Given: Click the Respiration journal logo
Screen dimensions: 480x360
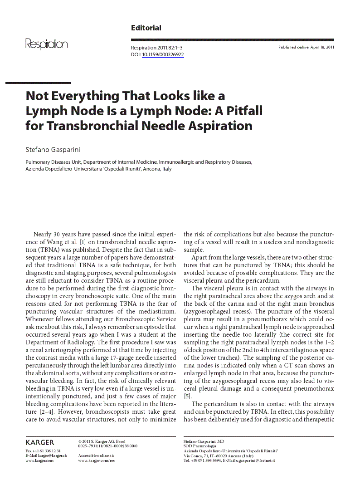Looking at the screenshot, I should tap(47, 44).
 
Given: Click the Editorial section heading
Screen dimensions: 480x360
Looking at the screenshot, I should tap(146, 28).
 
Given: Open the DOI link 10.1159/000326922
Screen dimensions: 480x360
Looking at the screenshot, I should tap(163, 54).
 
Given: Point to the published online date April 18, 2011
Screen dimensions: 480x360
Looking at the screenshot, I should tap(306, 47).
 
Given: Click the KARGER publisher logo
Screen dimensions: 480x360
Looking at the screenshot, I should tap(40, 442).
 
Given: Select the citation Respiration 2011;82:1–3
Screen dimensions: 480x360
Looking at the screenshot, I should tap(157, 48).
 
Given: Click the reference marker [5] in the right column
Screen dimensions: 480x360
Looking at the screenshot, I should tap(187, 396).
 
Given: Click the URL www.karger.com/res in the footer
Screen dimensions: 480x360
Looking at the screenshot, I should tap(96, 460).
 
